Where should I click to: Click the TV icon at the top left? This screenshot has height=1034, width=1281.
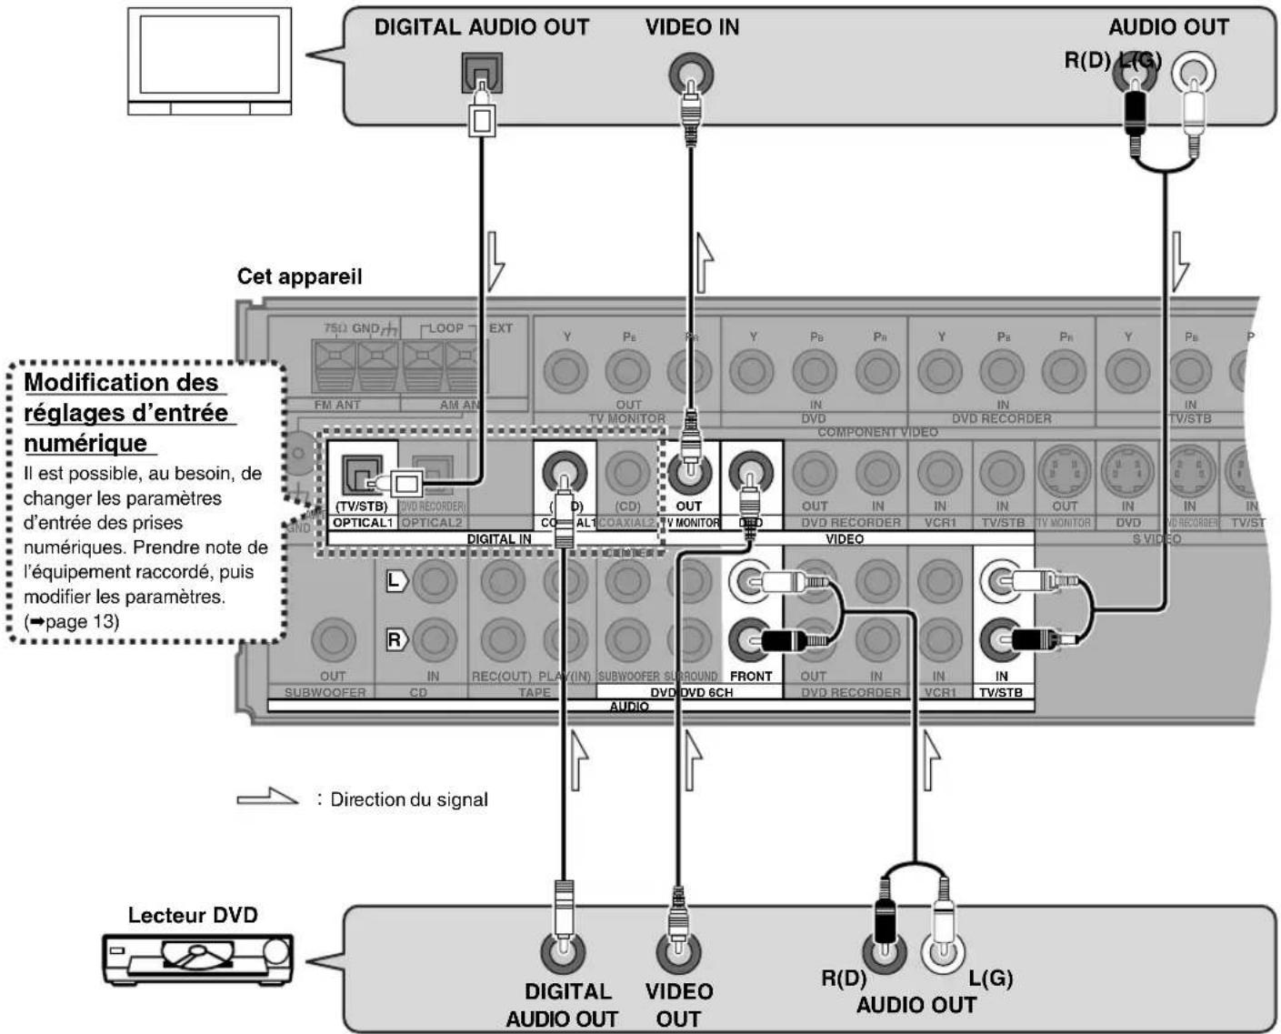coord(209,62)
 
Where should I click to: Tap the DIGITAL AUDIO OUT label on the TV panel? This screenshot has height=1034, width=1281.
coord(481,27)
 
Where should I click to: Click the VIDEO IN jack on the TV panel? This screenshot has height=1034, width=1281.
coord(691,73)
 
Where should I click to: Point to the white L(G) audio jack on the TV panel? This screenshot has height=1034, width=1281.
coord(1193,73)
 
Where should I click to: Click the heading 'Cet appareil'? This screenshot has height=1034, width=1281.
coord(299,276)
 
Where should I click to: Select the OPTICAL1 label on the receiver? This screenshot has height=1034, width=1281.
coord(362,523)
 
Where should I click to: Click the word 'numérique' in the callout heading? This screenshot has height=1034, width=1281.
coord(85,443)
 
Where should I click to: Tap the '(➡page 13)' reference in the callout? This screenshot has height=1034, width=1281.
coord(71,621)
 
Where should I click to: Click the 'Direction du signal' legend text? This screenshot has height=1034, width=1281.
coord(409,799)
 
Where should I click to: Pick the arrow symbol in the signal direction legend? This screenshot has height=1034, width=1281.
coord(267,798)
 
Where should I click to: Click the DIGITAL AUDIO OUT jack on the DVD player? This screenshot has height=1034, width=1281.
coord(563,952)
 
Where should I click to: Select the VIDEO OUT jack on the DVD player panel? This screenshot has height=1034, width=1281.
coord(678,952)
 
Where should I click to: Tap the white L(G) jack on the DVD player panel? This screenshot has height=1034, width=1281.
coord(943,952)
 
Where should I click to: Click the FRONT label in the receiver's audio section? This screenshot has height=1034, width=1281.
coord(751,677)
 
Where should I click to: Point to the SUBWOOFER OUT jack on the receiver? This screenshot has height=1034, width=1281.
coord(333,640)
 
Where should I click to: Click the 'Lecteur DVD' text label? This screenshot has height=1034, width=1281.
coord(193,915)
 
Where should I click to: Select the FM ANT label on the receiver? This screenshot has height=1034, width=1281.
coord(337,405)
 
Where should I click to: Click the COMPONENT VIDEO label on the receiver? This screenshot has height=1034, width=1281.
coord(877,432)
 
